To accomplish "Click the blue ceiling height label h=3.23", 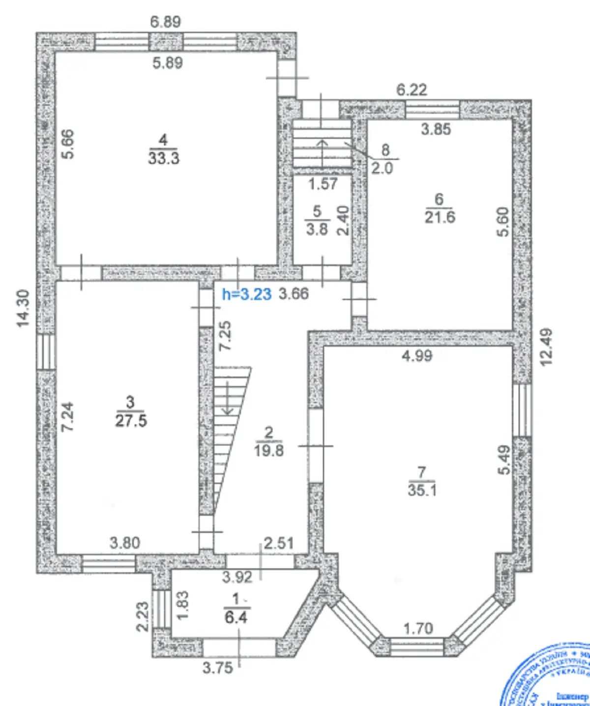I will point(247,294).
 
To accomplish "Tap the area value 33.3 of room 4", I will point(164,158).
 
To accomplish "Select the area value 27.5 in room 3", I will point(131,420).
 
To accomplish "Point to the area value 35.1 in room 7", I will point(422,490).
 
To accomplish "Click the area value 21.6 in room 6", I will point(440,217).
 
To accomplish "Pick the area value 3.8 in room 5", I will point(317,229).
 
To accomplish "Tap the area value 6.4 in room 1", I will point(236,617).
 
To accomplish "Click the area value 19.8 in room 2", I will point(269,450).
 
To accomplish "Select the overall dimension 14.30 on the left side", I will point(23,308).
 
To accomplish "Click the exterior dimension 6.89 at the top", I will point(166,22).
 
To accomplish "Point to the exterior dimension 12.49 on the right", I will point(546,347).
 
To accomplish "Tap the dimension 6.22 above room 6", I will point(412,90).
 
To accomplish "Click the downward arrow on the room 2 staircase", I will point(228,398).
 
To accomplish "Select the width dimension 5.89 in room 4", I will point(167,63).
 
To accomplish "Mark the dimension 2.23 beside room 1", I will point(142,617).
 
